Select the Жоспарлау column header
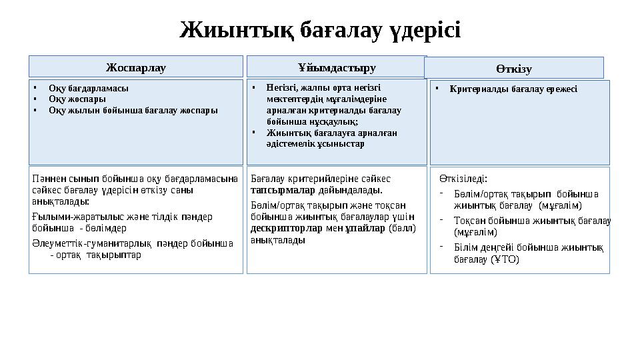[136, 67]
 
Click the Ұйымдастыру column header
[337, 67]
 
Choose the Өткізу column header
[513, 69]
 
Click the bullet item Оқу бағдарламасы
[89, 88]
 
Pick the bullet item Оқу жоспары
[77, 99]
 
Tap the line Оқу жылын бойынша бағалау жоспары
[133, 110]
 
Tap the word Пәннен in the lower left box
[47, 179]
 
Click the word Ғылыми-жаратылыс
[68, 216]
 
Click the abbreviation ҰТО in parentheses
[505, 259]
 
